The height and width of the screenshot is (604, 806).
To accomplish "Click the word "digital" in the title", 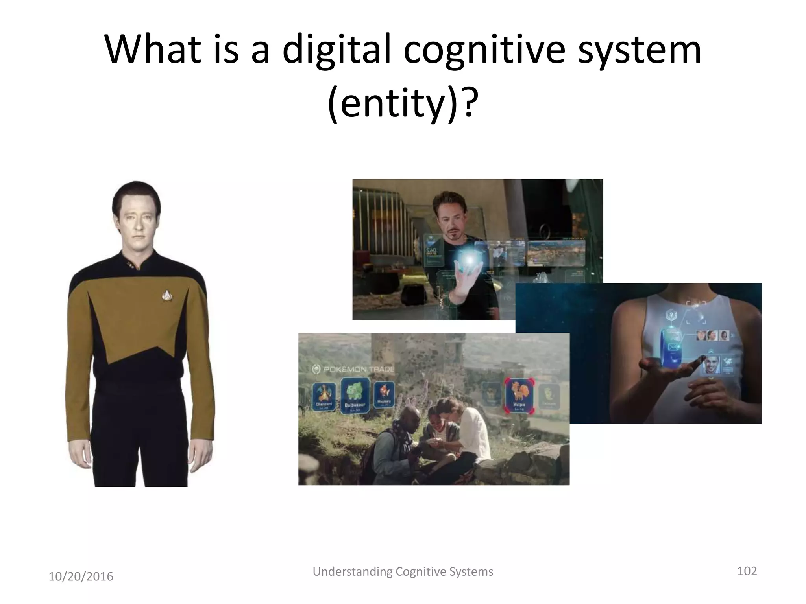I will click(336, 50).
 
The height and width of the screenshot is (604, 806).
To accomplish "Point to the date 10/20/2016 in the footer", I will click(81, 576).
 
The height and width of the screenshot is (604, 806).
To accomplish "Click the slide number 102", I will click(747, 571).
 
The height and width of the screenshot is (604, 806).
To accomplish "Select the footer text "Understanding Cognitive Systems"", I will click(403, 571).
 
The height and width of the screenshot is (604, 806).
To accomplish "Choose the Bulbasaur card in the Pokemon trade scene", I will click(355, 395).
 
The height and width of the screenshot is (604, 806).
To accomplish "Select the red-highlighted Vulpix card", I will click(518, 396).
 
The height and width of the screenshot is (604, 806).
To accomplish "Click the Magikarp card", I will click(383, 394).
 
